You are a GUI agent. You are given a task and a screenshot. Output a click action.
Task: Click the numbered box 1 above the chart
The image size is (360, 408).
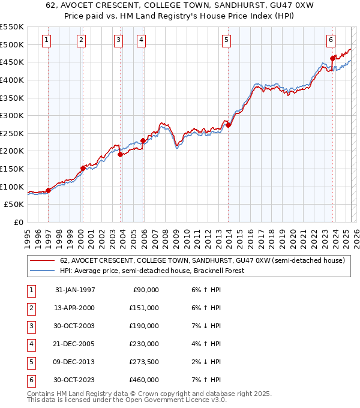(47, 40)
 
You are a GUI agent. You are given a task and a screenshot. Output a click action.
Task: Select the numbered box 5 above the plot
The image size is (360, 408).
(226, 40)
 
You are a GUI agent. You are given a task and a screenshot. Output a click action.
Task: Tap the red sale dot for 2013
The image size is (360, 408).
(229, 125)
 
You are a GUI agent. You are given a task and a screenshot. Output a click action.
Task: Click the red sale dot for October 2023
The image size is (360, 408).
(332, 58)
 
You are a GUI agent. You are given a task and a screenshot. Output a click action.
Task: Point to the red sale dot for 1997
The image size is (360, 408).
(49, 190)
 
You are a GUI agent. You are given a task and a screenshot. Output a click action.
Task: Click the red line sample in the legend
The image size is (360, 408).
(42, 261)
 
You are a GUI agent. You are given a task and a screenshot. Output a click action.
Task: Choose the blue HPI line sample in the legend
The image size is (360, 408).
(42, 271)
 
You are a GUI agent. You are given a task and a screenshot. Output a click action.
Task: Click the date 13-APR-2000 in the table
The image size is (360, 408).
(74, 308)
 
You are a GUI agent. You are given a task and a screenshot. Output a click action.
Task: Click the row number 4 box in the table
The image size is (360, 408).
(30, 344)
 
